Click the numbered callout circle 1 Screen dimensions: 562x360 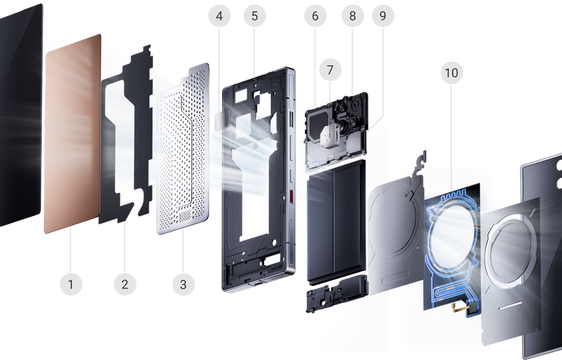pyautogui.click(x=71, y=285)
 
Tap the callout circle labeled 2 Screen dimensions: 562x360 pyautogui.click(x=125, y=285)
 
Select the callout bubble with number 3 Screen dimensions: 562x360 pyautogui.click(x=183, y=285)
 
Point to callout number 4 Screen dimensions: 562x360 pyautogui.click(x=219, y=16)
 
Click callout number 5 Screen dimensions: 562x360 pyautogui.click(x=255, y=16)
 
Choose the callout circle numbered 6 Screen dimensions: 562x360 pyautogui.click(x=315, y=16)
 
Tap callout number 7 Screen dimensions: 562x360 pyautogui.click(x=330, y=69)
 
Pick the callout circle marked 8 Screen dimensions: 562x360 pyautogui.click(x=353, y=16)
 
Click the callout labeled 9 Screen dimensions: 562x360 pyautogui.click(x=383, y=16)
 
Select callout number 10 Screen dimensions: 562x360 pyautogui.click(x=451, y=73)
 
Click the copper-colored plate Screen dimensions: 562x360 pyautogui.click(x=72, y=134)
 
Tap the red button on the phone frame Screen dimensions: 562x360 pyautogui.click(x=291, y=196)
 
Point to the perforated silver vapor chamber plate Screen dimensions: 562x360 pyautogui.click(x=183, y=149)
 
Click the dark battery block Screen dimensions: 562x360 pyautogui.click(x=336, y=222)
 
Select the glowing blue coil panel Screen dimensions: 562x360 pyautogui.click(x=452, y=247)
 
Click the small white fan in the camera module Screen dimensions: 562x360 pyautogui.click(x=330, y=136)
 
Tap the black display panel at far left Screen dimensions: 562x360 pyautogui.click(x=20, y=115)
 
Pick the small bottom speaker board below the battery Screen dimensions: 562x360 pyautogui.click(x=337, y=293)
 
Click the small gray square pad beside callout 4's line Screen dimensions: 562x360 pyautogui.click(x=221, y=121)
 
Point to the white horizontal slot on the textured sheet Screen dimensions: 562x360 pyautogui.click(x=510, y=305)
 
